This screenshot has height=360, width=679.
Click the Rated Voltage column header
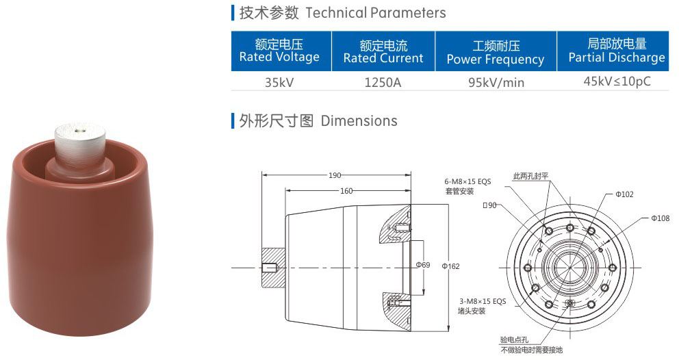coord(279,51)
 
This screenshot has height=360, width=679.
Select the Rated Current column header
coord(383,52)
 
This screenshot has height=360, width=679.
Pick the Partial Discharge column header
coord(617,51)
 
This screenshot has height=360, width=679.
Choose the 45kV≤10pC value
coord(617,81)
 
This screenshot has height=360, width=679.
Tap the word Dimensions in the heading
coord(359,121)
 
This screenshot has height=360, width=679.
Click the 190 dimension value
coord(335,175)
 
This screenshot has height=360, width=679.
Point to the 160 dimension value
coord(346,192)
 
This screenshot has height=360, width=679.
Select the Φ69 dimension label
coord(423,264)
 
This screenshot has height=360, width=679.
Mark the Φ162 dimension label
coord(451,266)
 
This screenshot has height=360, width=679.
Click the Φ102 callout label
coord(624,194)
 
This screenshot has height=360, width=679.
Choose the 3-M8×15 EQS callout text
coord(482,301)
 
